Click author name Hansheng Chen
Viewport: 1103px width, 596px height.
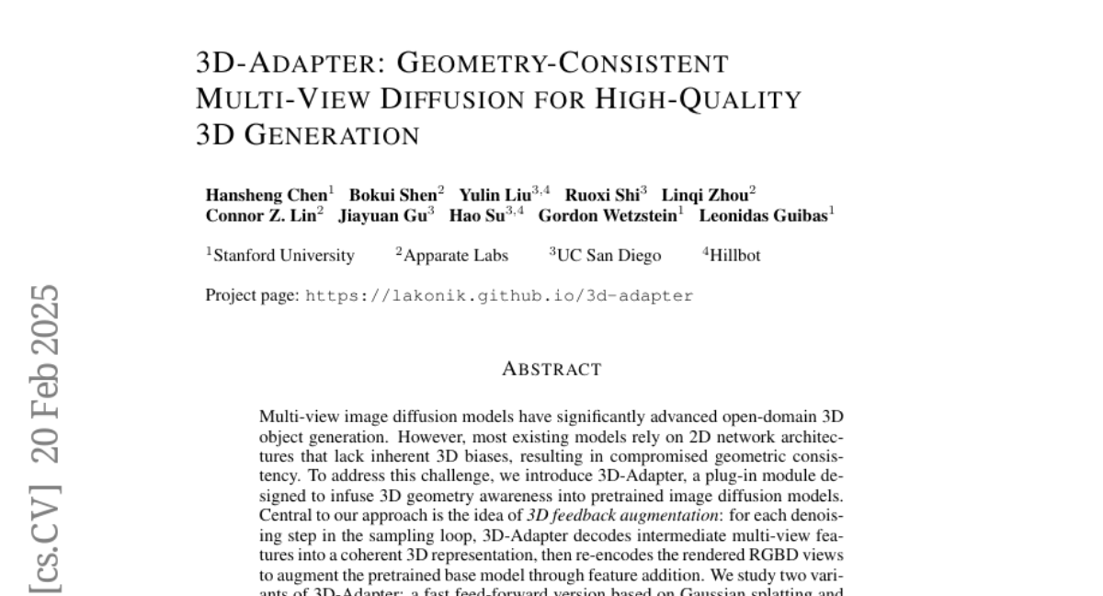266,195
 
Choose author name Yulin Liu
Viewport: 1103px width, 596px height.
495,195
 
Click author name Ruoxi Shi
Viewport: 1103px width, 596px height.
602,195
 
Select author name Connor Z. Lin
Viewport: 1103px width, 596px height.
260,217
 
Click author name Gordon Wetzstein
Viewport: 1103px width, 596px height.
608,217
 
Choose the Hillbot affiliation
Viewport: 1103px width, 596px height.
734,256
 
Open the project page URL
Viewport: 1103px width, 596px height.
499,296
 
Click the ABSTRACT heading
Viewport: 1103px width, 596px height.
551,370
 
